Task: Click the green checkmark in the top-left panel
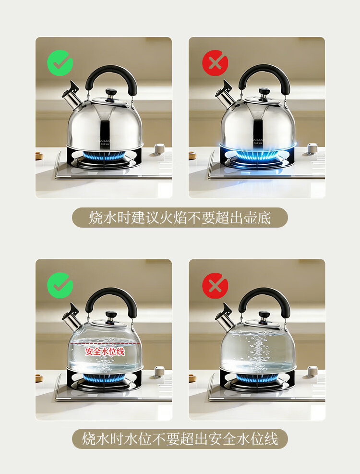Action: click(60, 63)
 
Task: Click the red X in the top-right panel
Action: click(215, 63)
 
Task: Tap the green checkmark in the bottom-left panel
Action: click(60, 285)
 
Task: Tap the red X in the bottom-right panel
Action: click(215, 285)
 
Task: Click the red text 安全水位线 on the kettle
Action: click(105, 351)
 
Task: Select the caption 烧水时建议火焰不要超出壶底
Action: click(180, 218)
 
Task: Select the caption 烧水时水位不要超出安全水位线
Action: click(180, 438)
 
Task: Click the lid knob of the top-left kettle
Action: click(110, 92)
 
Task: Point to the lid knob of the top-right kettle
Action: click(264, 91)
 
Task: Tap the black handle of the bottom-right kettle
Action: click(264, 294)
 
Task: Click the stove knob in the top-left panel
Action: click(159, 148)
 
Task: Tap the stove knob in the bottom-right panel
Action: click(313, 371)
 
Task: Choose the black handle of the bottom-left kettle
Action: click(111, 294)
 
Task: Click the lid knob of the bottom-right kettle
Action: click(264, 315)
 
